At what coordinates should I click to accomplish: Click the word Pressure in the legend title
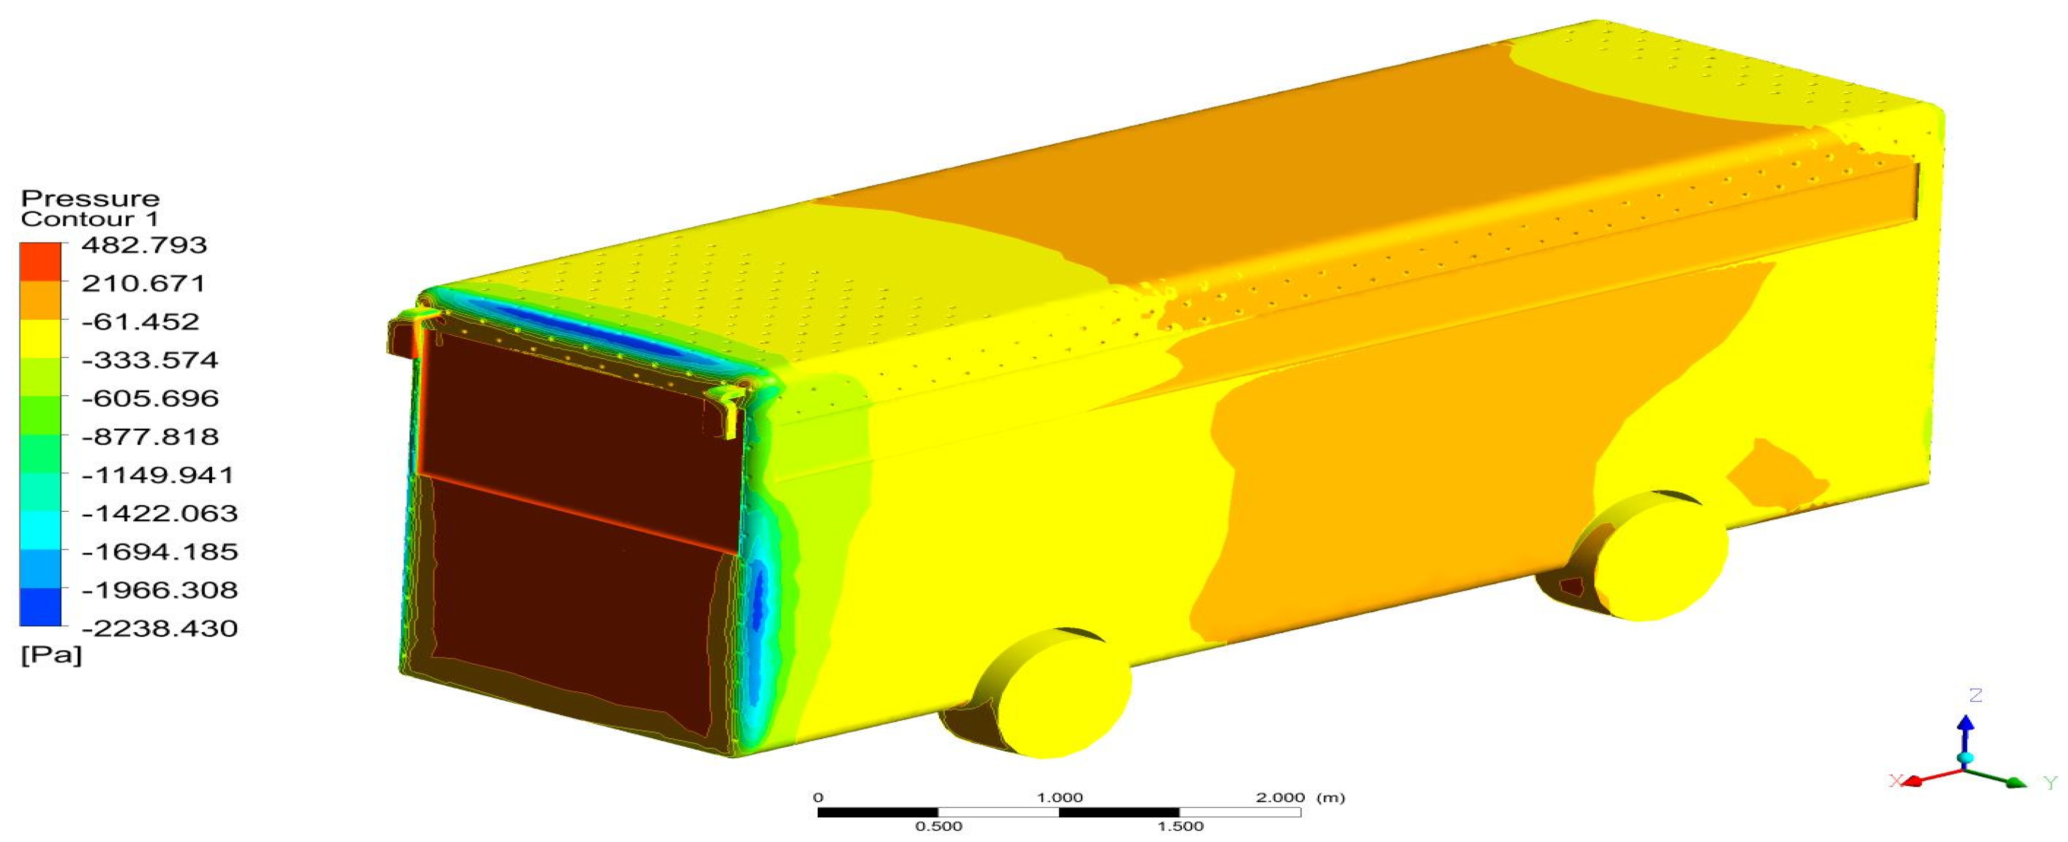tap(90, 198)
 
